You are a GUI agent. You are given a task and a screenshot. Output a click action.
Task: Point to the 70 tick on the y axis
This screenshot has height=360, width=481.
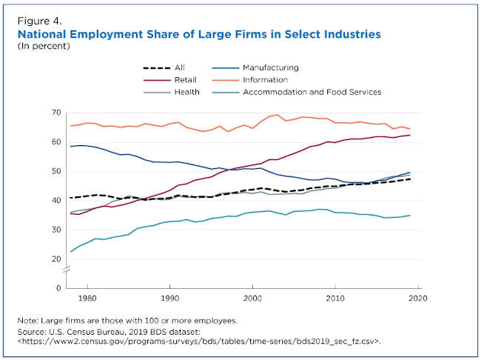point(56,113)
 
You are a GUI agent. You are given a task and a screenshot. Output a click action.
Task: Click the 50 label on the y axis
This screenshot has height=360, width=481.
point(56,171)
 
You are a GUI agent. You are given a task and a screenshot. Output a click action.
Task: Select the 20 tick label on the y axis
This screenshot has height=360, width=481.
point(56,259)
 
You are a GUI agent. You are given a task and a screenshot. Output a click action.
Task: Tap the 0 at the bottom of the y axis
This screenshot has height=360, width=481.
point(58,288)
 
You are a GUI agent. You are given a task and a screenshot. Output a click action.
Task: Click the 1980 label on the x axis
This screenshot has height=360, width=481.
point(88,298)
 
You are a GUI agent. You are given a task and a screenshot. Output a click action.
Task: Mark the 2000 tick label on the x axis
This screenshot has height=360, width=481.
point(253,298)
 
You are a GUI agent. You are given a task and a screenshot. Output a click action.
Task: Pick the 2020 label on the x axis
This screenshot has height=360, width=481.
point(418,298)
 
